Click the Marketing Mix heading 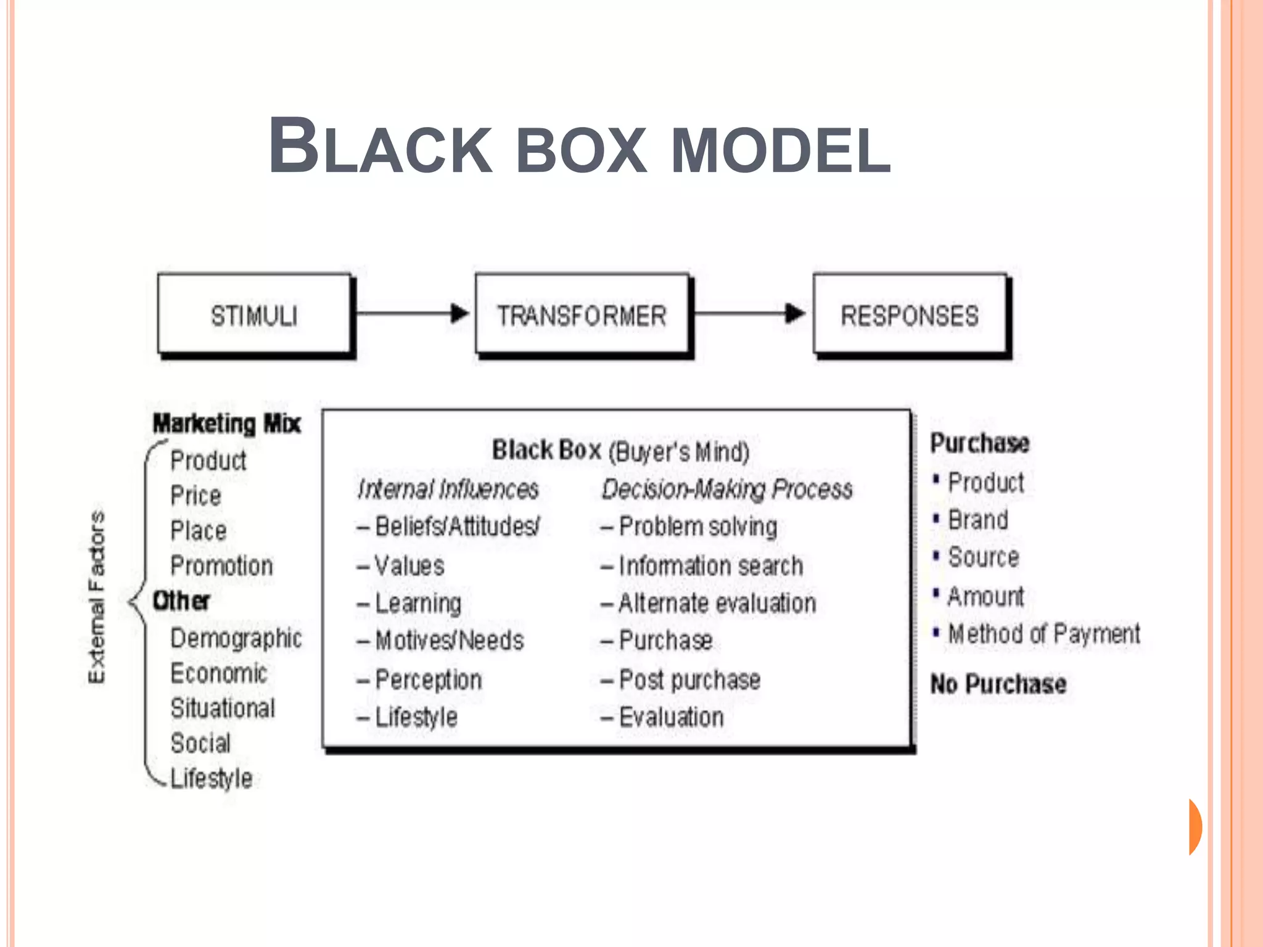tap(226, 424)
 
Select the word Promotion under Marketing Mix tap(221, 566)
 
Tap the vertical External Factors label tap(97, 597)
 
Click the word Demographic tap(236, 639)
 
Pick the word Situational tap(223, 708)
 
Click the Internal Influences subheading tap(448, 490)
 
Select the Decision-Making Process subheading tap(727, 490)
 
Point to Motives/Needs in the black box tap(450, 641)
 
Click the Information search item tap(710, 566)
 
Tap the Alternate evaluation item tap(717, 604)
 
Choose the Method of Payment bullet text tap(1044, 634)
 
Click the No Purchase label tap(998, 684)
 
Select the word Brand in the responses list tap(978, 520)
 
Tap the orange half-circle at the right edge tap(1195, 827)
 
